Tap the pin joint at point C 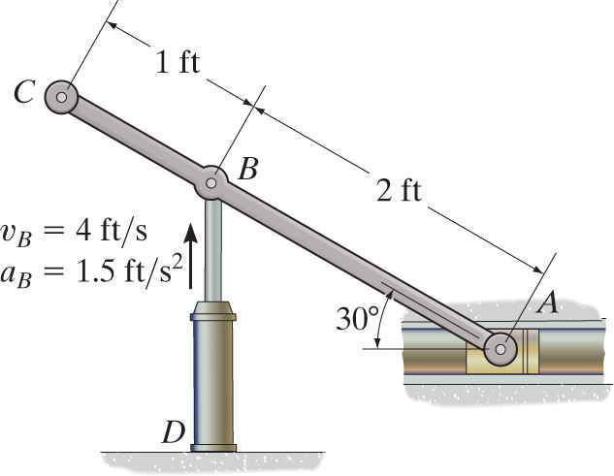pyautogui.click(x=61, y=97)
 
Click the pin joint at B pyautogui.click(x=212, y=181)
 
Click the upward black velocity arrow pyautogui.click(x=191, y=255)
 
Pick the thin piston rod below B pyautogui.click(x=212, y=247)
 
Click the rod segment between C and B pyautogui.click(x=136, y=139)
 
